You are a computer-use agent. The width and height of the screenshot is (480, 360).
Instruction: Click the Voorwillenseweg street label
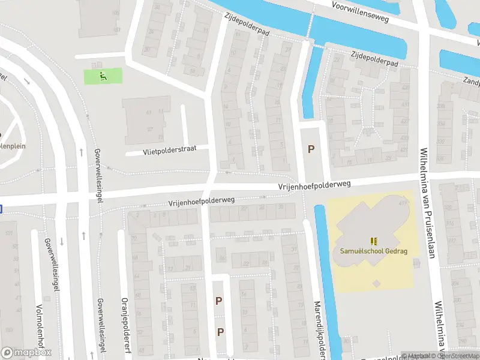pyautogui.click(x=361, y=11)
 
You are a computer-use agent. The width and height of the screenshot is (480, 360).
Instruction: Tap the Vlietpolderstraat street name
pyautogui.click(x=169, y=151)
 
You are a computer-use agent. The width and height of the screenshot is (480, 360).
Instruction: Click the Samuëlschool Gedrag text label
pyautogui.click(x=373, y=251)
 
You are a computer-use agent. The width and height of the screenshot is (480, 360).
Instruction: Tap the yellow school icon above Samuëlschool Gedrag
pyautogui.click(x=374, y=241)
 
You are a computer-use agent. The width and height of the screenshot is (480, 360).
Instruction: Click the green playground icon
pyautogui.click(x=103, y=76)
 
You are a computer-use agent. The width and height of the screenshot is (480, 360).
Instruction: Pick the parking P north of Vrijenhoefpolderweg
pyautogui.click(x=310, y=149)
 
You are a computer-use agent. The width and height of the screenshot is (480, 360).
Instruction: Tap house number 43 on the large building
pyautogui.click(x=149, y=112)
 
